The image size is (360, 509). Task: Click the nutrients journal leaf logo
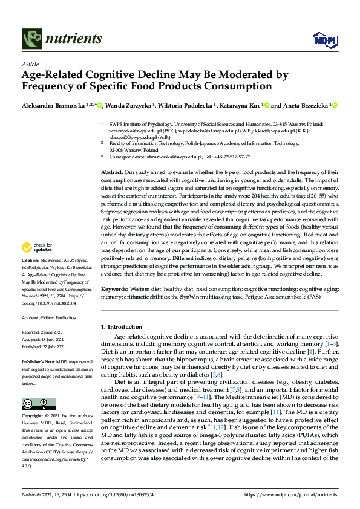click(x=31, y=39)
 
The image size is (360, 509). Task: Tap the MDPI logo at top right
click(x=322, y=40)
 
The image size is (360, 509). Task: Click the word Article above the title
click(x=30, y=64)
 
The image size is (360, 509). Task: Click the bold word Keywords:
click(x=115, y=290)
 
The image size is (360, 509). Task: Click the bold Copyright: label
click(x=33, y=417)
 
